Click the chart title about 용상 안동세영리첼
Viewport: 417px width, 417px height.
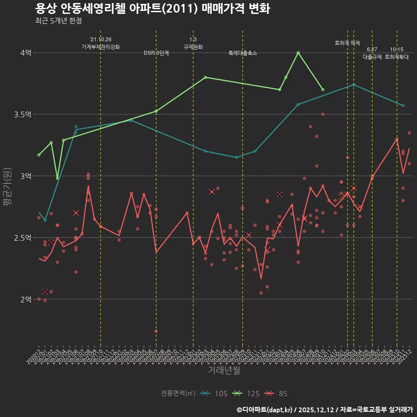(152, 9)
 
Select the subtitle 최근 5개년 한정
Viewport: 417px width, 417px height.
(58, 21)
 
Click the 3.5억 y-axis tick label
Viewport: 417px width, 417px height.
(23, 115)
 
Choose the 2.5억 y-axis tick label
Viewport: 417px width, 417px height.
(23, 238)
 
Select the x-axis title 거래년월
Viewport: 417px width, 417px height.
(223, 371)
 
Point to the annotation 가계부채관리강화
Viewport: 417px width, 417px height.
(101, 46)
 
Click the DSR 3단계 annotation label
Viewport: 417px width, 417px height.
(156, 53)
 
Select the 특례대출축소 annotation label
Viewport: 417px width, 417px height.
(243, 53)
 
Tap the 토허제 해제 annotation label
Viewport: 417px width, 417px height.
(347, 43)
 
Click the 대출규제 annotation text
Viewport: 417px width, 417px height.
(372, 57)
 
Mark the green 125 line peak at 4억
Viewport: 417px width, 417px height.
(298, 53)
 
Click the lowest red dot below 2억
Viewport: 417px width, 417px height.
(156, 331)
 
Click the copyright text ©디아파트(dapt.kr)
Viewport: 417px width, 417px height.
(265, 410)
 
